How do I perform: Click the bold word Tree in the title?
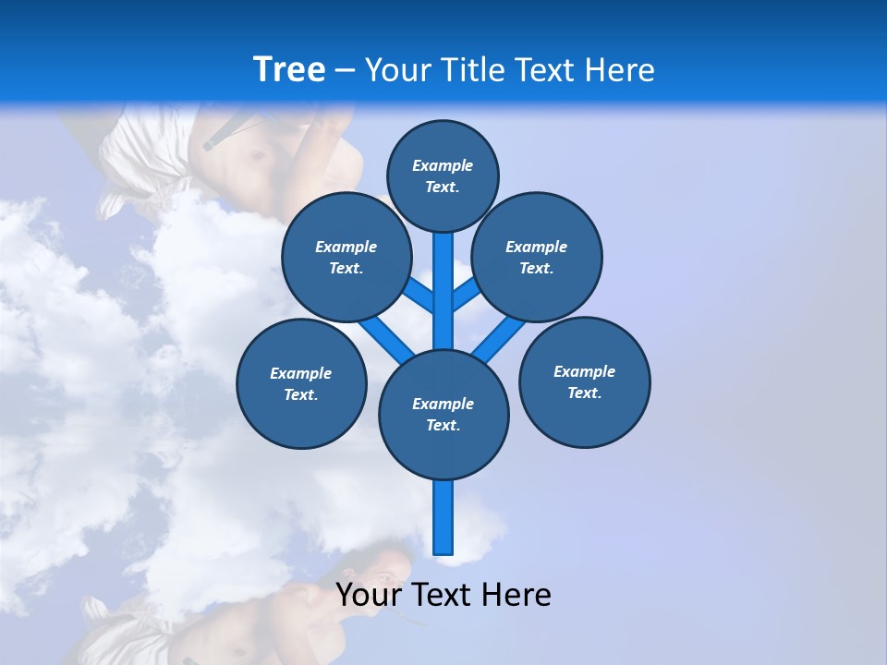289,70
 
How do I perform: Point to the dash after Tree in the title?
345,71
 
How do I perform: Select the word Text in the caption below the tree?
445,595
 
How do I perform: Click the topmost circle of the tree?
443,175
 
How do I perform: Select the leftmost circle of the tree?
301,383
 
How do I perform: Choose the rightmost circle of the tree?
584,381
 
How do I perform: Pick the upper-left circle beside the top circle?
346,257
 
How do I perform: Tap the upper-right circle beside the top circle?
536,257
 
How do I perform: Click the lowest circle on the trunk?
443,414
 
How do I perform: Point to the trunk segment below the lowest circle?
443,517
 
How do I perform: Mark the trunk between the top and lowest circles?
443,291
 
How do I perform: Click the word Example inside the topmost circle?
443,165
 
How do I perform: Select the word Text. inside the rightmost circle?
584,393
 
